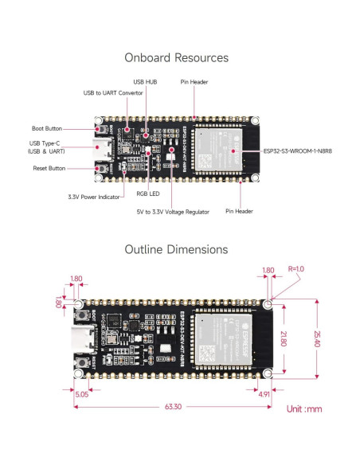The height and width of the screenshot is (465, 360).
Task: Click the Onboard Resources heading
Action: coord(176,58)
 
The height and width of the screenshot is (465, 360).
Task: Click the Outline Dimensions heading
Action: coord(176,249)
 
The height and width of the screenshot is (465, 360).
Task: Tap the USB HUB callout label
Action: coord(145,82)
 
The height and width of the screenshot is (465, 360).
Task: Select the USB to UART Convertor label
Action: coord(113,92)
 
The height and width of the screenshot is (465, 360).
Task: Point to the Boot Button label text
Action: coord(49,128)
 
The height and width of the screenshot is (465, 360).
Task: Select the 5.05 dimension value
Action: coord(81,393)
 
